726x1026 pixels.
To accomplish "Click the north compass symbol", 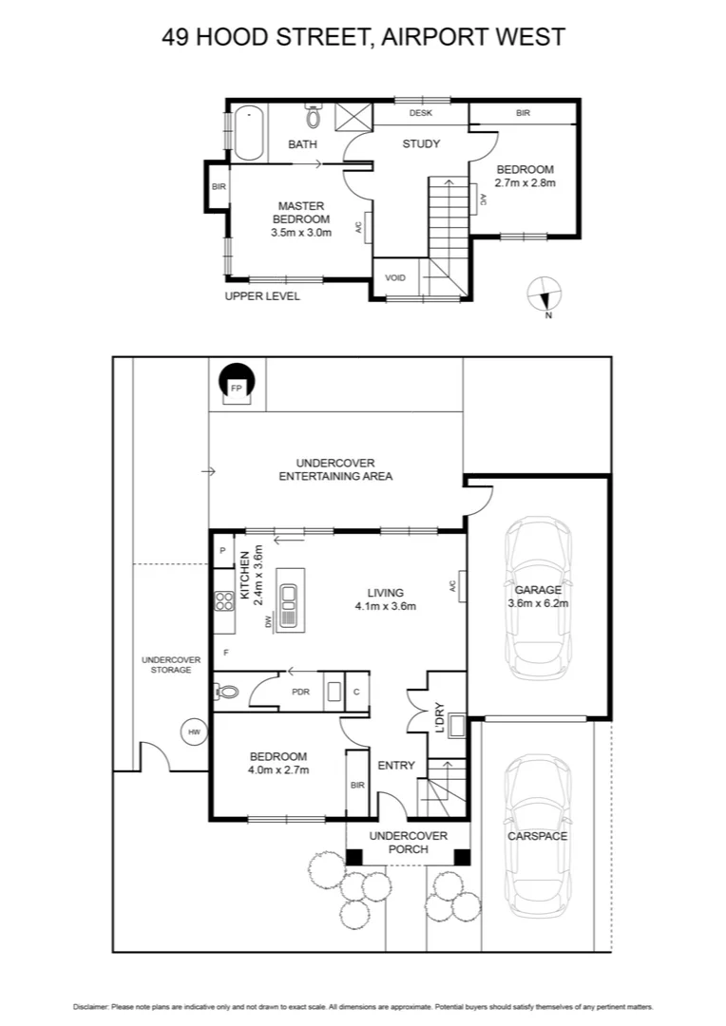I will click(545, 294).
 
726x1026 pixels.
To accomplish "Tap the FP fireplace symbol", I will click(237, 385).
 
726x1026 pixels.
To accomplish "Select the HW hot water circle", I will click(195, 731).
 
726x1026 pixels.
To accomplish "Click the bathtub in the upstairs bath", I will click(248, 132).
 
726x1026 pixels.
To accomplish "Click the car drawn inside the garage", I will click(539, 593).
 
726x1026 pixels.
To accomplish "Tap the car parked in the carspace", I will click(538, 836).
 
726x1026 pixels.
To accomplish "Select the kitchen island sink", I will click(289, 598).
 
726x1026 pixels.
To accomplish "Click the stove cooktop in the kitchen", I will click(225, 599).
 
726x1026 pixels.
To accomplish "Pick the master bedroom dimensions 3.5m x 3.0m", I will click(301, 232).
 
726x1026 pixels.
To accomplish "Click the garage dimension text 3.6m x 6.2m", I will click(539, 602).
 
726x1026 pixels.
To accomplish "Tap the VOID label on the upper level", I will click(395, 277).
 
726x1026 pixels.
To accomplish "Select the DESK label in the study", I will click(420, 113).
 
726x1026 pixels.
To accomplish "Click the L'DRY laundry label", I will click(439, 715).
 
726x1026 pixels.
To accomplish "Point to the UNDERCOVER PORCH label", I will click(408, 842).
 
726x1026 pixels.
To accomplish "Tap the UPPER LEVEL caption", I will click(262, 296).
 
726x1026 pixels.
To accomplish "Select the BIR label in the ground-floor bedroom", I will click(357, 785).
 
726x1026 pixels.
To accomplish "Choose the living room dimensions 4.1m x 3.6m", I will click(385, 605).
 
